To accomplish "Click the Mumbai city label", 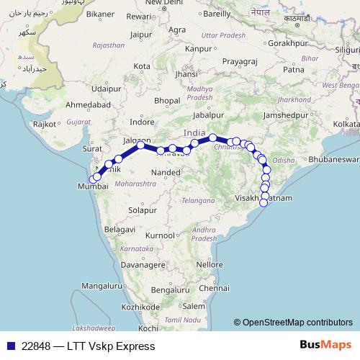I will (91, 186).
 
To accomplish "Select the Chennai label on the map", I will (213, 288).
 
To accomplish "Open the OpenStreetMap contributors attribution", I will (297, 323).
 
